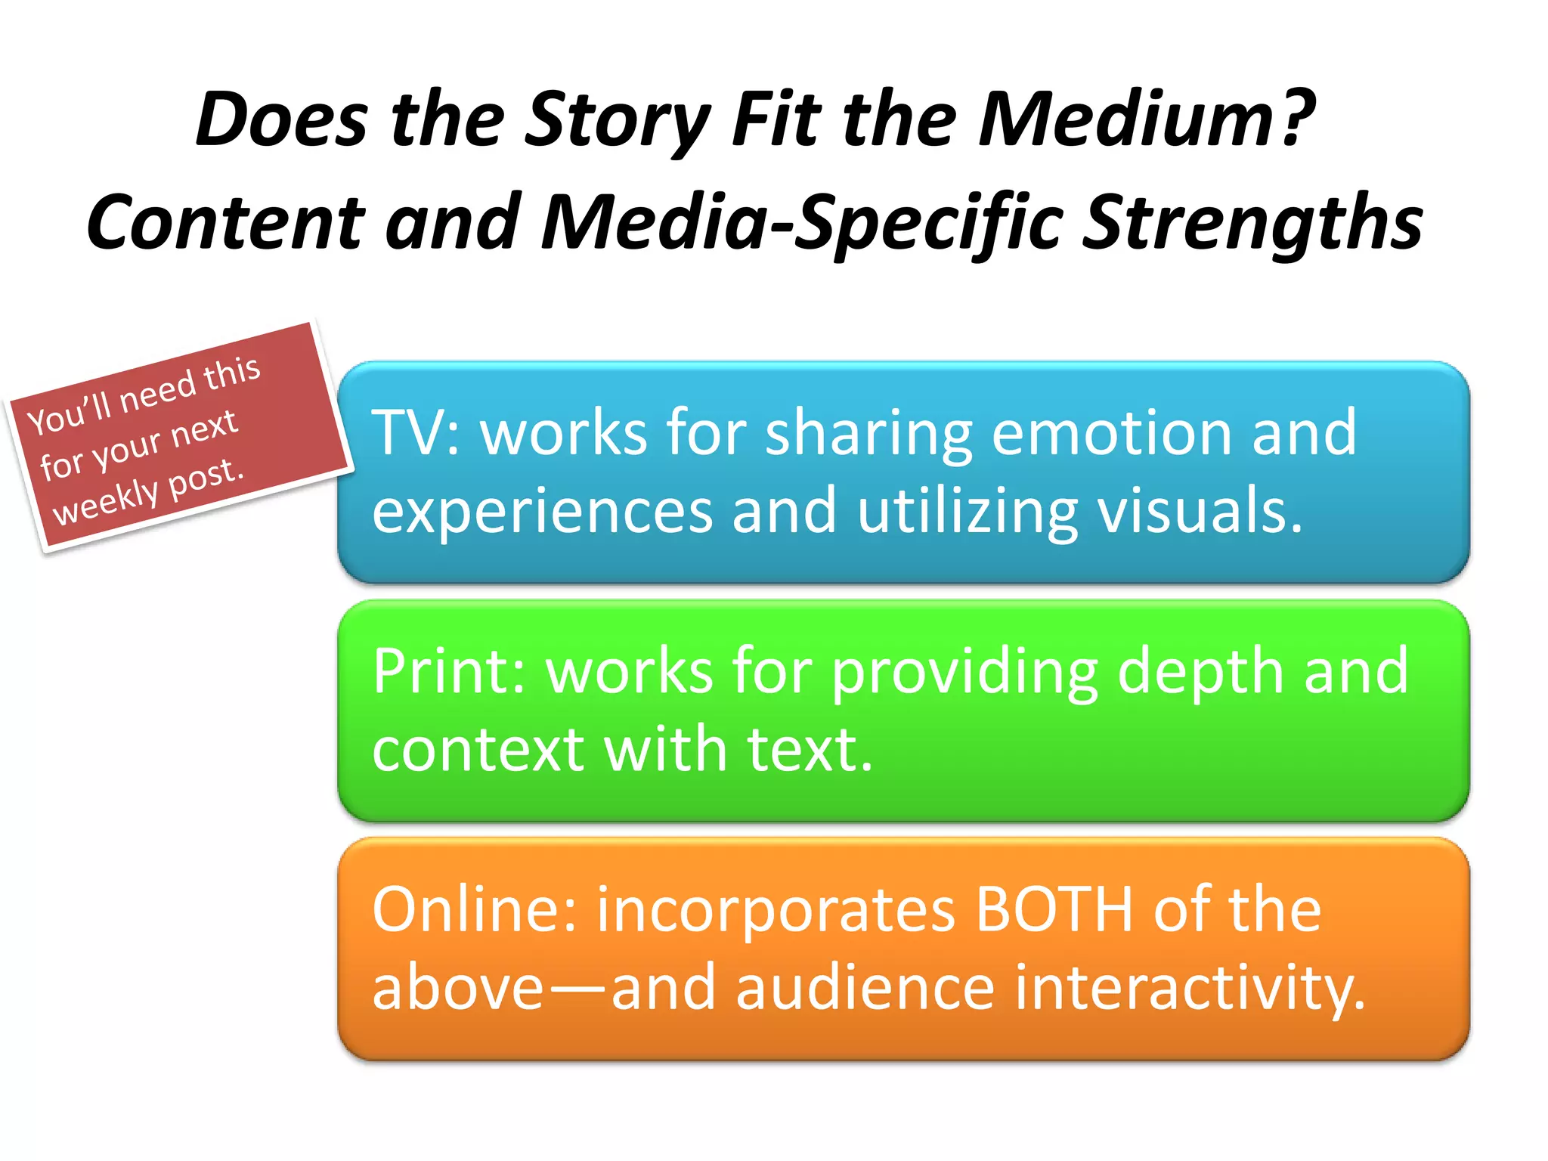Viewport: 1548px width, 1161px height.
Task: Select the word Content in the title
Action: [227, 222]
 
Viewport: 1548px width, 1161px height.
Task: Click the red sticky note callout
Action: [180, 437]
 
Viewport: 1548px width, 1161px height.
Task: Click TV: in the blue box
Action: [416, 432]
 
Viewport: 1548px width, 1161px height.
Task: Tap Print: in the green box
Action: [450, 671]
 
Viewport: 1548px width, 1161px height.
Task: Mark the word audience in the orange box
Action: [865, 988]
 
